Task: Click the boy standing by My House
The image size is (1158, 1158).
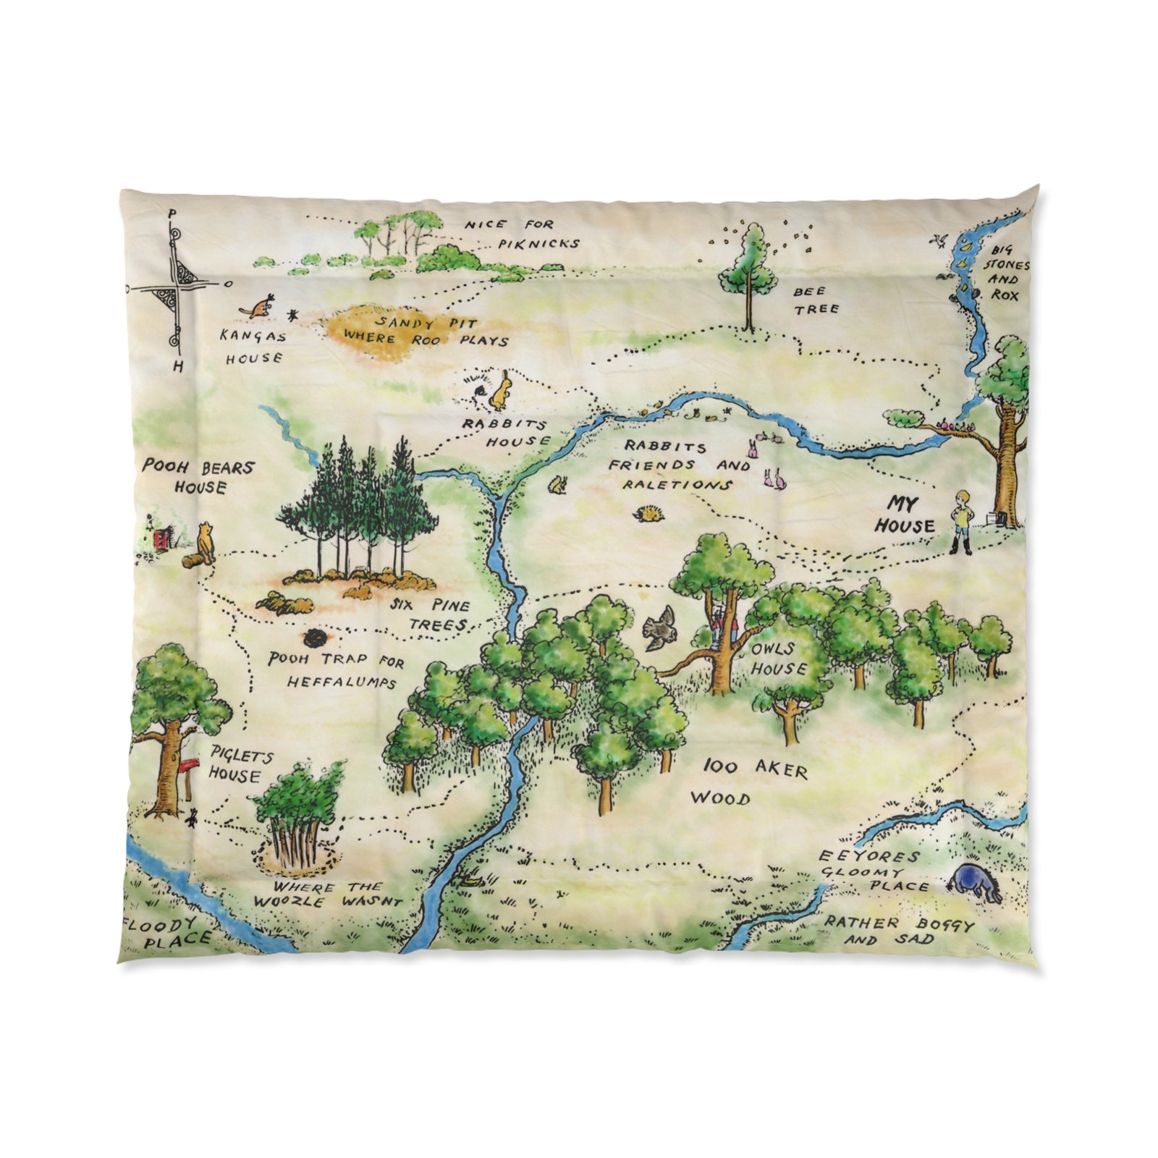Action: tap(963, 521)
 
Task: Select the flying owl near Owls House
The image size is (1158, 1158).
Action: tap(659, 628)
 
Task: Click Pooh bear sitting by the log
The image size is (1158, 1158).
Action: tap(206, 544)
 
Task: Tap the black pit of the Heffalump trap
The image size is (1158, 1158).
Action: tap(314, 638)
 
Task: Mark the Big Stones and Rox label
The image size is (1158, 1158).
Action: tap(1004, 274)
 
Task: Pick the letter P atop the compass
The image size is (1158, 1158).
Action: tap(172, 214)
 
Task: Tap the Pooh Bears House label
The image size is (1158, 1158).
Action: tap(197, 476)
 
